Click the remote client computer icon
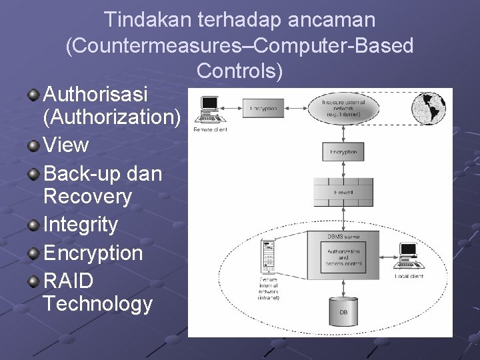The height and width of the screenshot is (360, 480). point(209,109)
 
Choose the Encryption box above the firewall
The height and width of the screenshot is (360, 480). point(343,152)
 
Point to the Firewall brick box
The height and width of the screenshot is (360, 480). point(343,193)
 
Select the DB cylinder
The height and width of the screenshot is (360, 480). point(343,310)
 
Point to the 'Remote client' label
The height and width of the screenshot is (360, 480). point(210,129)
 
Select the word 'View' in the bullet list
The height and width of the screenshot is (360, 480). point(65,145)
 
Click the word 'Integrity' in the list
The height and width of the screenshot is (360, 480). point(80,225)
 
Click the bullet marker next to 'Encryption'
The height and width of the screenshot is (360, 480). point(33,252)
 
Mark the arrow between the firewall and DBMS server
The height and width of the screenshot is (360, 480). point(343,218)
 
